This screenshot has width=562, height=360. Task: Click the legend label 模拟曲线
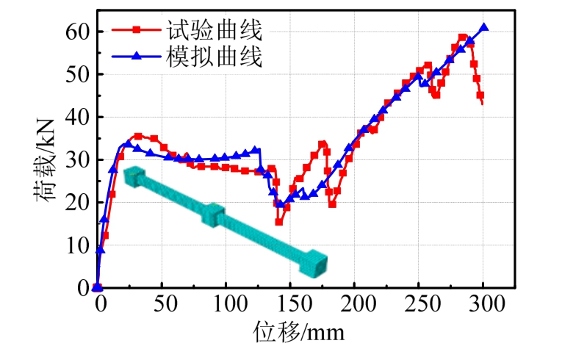pos(221,56)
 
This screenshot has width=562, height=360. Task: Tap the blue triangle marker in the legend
pos(138,56)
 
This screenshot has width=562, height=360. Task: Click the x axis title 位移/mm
pos(299,333)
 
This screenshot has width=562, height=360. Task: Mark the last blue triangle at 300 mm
pos(483,28)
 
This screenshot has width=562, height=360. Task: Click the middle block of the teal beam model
pos(213,215)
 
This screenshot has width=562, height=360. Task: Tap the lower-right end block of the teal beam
pos(315,262)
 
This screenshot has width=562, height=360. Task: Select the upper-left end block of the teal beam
pos(135,177)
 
